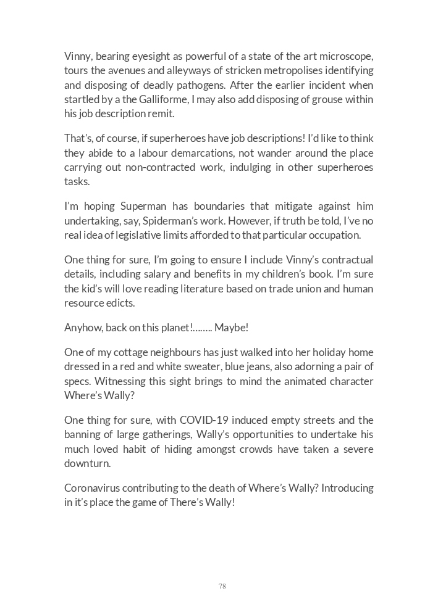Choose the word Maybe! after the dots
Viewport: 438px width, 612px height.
(231, 328)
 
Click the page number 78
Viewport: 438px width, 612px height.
(222, 586)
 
